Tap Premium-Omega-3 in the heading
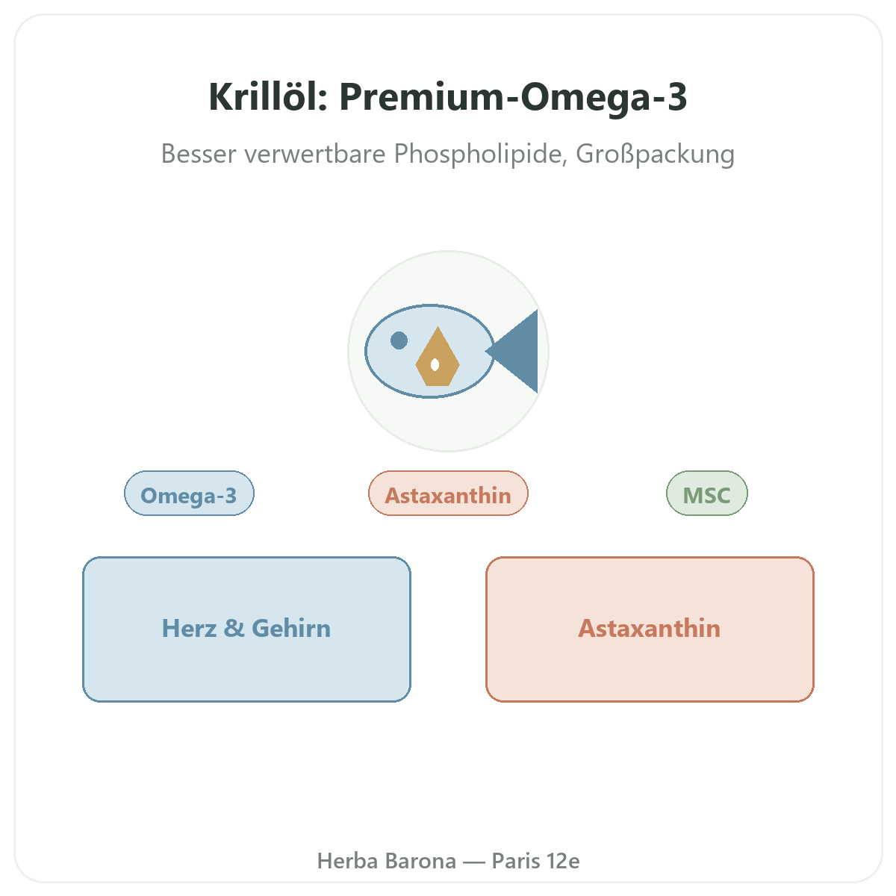click(x=513, y=98)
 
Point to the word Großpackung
click(x=655, y=155)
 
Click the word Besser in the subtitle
click(x=199, y=154)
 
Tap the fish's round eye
click(x=399, y=340)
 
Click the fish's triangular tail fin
click(x=511, y=351)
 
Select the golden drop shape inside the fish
click(x=438, y=357)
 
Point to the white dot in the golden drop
click(x=435, y=365)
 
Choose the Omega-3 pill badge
click(x=189, y=494)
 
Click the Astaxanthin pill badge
click(x=448, y=494)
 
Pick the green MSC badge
click(x=707, y=494)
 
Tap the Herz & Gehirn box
click(x=246, y=629)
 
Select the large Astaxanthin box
click(x=650, y=629)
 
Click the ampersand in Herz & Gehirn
click(x=234, y=628)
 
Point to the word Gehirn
click(x=291, y=628)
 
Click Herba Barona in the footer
click(x=387, y=861)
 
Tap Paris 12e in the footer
click(x=535, y=861)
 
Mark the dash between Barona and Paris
click(x=474, y=862)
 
